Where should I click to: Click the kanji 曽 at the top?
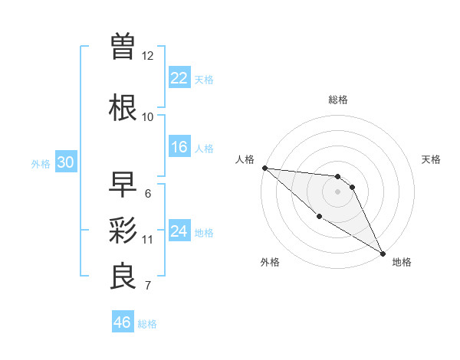[123, 47]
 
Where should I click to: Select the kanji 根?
[123, 108]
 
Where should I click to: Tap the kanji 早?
[123, 184]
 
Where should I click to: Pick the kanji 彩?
[123, 231]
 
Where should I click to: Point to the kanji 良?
[123, 277]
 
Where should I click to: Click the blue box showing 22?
[179, 78]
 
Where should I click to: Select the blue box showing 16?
[179, 147]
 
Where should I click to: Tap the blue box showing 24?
[179, 231]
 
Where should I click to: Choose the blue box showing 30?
[65, 162]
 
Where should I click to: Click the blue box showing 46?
[123, 322]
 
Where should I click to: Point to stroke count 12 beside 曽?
[148, 56]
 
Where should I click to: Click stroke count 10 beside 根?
[148, 117]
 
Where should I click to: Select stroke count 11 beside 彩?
[148, 240]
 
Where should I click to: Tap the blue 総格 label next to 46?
[147, 324]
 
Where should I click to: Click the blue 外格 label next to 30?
[41, 163]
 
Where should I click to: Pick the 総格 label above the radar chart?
[338, 100]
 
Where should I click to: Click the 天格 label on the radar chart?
[432, 159]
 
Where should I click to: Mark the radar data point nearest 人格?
[264, 168]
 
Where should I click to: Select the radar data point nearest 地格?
[383, 253]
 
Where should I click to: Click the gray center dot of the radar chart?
[337, 191]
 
